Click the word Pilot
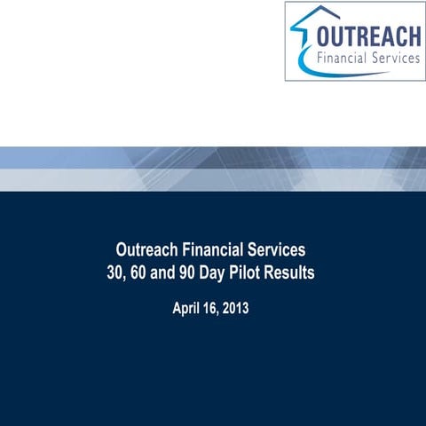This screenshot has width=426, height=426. tap(255, 273)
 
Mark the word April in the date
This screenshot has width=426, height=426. tap(187, 311)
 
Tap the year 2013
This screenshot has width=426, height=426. tap(244, 311)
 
